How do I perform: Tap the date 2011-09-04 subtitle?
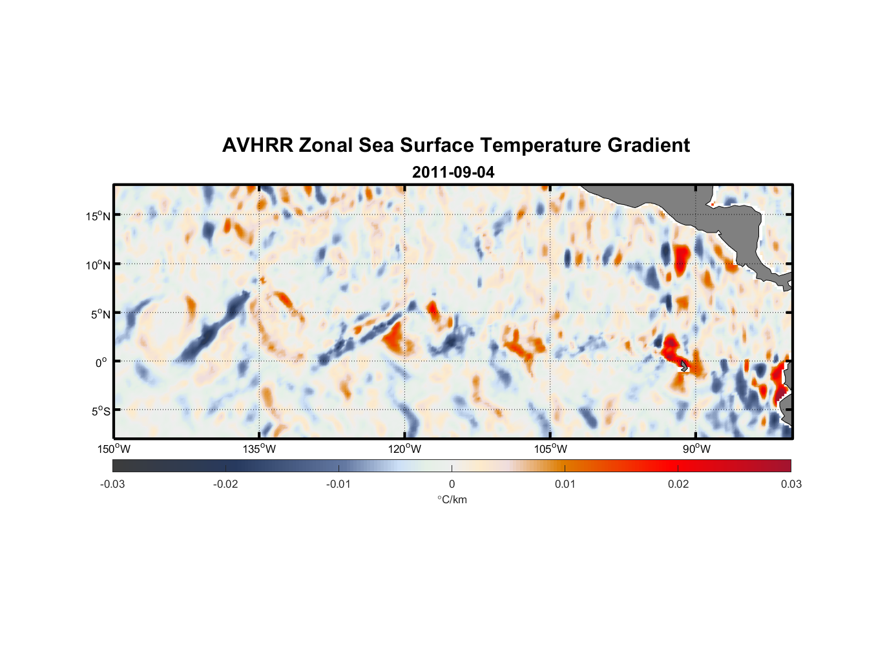pyautogui.click(x=453, y=172)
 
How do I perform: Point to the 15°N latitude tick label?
pyautogui.click(x=98, y=216)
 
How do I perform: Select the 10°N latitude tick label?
pyautogui.click(x=98, y=265)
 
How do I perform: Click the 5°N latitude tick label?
pyautogui.click(x=100, y=314)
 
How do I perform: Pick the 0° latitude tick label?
pyautogui.click(x=101, y=362)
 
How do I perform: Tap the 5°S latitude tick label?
pyautogui.click(x=100, y=412)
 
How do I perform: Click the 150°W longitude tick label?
pyautogui.click(x=114, y=449)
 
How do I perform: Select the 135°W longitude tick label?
pyautogui.click(x=260, y=449)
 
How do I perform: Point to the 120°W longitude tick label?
pyautogui.click(x=405, y=449)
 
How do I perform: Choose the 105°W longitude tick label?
pyautogui.click(x=550, y=449)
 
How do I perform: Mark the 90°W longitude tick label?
pyautogui.click(x=696, y=449)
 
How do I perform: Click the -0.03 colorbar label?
pyautogui.click(x=112, y=484)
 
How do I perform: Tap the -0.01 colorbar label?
pyautogui.click(x=339, y=484)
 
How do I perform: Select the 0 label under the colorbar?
pyautogui.click(x=452, y=484)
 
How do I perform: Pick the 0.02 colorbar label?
pyautogui.click(x=678, y=484)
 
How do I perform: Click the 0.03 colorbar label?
pyautogui.click(x=791, y=484)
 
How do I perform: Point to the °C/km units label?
pyautogui.click(x=452, y=499)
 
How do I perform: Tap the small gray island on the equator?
pyautogui.click(x=684, y=366)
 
